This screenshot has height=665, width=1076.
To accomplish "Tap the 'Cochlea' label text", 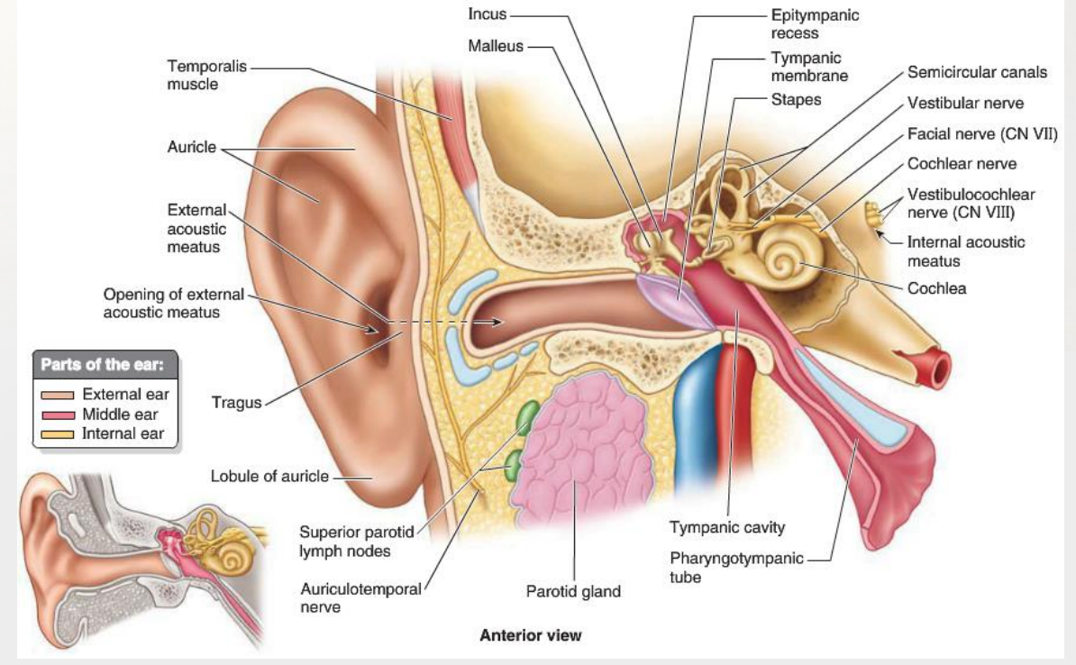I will click(936, 288).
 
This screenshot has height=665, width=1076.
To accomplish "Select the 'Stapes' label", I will click(796, 100).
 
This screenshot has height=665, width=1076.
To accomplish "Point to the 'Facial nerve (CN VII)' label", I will click(981, 134).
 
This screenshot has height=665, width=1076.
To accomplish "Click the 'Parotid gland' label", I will click(573, 592).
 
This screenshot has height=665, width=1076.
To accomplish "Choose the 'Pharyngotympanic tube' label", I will click(736, 568).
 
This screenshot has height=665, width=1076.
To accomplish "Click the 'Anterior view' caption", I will click(530, 635).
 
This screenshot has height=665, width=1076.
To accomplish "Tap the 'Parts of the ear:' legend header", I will click(105, 365).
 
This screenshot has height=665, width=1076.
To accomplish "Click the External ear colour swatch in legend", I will click(58, 395).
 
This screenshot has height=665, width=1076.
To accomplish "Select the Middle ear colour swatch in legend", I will click(58, 415).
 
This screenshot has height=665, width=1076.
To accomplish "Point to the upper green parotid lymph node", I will click(527, 417).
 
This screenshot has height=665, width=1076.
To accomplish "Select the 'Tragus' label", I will click(236, 402).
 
